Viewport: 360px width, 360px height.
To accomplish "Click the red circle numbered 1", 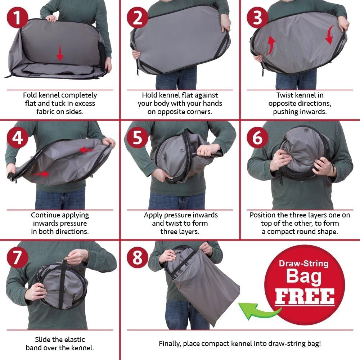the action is click(17, 17).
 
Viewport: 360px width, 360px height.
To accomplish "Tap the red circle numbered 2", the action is click(138, 17).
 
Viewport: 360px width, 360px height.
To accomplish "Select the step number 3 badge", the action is click(258, 17).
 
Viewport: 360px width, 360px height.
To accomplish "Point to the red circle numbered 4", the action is click(17, 138).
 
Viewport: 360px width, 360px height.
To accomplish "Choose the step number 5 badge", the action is click(138, 138).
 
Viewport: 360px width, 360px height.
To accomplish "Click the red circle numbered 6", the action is click(258, 138).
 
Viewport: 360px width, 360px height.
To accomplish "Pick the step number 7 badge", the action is click(17, 257).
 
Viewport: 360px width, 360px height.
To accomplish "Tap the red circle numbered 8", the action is click(138, 257).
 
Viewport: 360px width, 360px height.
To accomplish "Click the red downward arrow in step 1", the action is click(60, 53).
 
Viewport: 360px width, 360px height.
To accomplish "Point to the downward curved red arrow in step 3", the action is click(330, 35).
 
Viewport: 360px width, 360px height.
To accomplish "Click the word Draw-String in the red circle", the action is click(304, 264).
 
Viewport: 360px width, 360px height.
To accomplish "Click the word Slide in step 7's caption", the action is click(42, 339).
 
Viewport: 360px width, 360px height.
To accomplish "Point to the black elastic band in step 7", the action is click(62, 284).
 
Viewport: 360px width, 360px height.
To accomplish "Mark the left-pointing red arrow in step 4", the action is click(87, 150).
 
